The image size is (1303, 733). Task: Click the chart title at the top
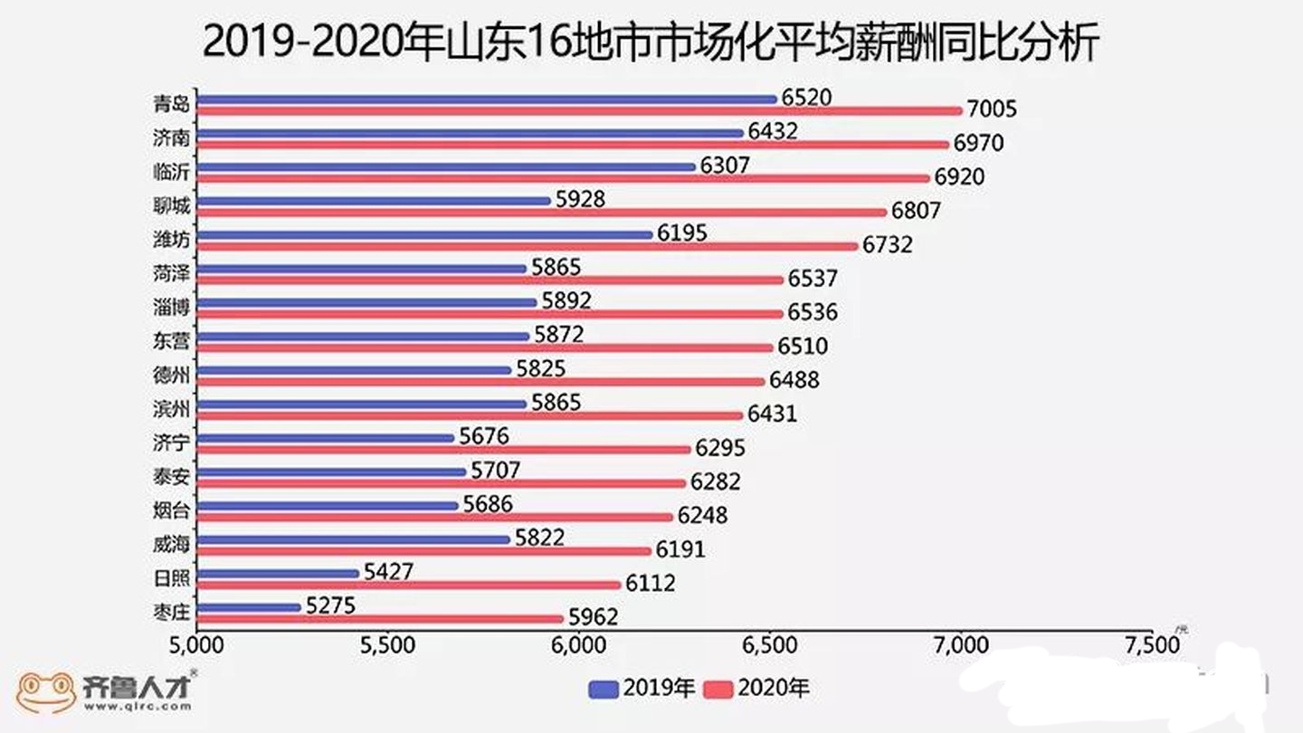point(651,43)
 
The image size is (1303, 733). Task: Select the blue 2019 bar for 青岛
point(486,99)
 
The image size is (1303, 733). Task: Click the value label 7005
point(993,110)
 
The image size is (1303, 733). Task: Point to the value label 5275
point(330,604)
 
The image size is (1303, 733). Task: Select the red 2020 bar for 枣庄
point(380,619)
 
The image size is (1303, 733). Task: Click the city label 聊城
point(171,206)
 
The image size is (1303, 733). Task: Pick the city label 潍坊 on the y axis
point(171,240)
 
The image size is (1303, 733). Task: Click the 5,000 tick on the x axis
point(196,646)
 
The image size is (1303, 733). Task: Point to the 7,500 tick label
point(1153,646)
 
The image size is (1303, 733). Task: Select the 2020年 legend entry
point(756,689)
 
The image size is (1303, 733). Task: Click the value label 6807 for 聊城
point(916,212)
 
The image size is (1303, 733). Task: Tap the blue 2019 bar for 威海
point(353,539)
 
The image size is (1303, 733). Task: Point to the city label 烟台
point(171,511)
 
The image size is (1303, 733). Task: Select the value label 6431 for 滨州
point(772,414)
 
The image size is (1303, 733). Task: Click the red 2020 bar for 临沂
point(562,178)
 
